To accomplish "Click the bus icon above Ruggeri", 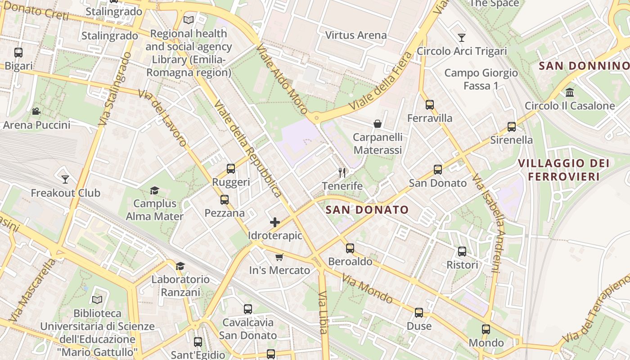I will [x=231, y=169].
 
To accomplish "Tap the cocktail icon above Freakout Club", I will [x=65, y=180].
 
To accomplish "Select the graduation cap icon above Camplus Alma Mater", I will [x=154, y=190].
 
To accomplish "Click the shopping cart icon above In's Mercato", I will [x=279, y=257].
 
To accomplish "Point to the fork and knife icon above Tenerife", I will [x=342, y=172].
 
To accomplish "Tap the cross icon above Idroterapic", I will [x=275, y=222].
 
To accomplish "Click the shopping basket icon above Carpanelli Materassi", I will [x=378, y=124].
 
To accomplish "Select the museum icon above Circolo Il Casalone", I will [x=570, y=93].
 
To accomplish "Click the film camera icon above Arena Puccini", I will [x=36, y=111].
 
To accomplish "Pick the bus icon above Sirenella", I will [x=512, y=126].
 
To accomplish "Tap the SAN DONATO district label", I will [x=367, y=210].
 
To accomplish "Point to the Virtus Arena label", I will [x=356, y=35].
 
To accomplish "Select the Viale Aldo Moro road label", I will [x=282, y=79].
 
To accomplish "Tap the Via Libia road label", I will [x=323, y=312].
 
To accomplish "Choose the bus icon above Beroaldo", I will [x=350, y=248].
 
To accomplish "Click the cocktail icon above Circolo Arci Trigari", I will [x=461, y=37].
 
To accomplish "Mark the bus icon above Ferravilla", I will [x=430, y=105].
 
